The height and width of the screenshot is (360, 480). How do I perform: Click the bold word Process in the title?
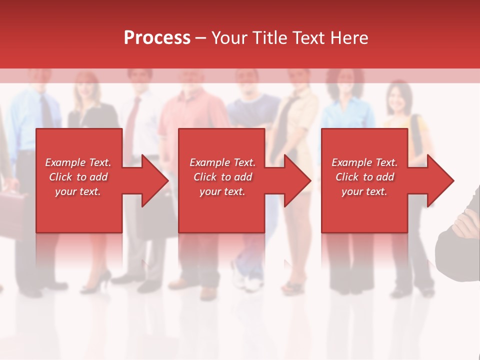click(x=157, y=38)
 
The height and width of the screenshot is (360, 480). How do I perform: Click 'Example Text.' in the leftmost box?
click(x=78, y=162)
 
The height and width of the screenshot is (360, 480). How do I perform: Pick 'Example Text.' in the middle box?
click(x=222, y=162)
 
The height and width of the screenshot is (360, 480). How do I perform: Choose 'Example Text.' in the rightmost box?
click(x=364, y=162)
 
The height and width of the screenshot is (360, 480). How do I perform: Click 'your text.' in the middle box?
click(x=222, y=191)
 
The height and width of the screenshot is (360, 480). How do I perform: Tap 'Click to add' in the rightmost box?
click(x=364, y=177)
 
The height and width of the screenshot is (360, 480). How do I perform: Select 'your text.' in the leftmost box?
click(x=78, y=191)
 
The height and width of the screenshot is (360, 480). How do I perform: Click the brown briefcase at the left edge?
click(x=13, y=205)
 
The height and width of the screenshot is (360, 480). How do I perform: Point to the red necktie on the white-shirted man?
click(x=132, y=125)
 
